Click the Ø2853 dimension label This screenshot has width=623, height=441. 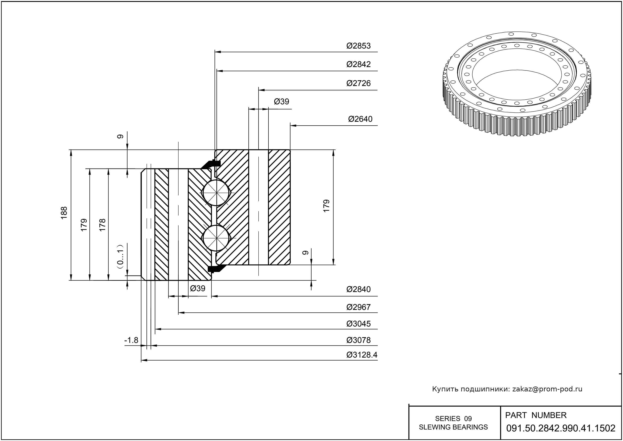click(358, 46)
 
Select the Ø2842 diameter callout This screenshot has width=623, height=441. click(358, 64)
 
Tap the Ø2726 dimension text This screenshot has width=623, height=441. click(358, 83)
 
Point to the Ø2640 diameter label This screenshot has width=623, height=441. click(360, 119)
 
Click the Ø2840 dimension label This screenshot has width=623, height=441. click(358, 289)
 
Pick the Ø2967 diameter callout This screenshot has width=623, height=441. click(358, 307)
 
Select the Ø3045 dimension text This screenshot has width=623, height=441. click(358, 324)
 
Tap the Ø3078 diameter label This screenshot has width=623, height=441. click(358, 340)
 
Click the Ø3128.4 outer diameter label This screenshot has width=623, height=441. click(362, 355)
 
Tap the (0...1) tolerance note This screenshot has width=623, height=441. click(120, 256)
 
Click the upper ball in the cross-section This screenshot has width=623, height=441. click(216, 193)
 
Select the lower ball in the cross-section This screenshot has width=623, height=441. click(216, 238)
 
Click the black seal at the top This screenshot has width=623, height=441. click(212, 164)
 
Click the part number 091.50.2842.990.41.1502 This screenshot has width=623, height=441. click(561, 428)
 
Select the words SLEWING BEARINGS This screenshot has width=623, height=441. click(453, 427)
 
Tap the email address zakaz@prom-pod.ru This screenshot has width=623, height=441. click(547, 389)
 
